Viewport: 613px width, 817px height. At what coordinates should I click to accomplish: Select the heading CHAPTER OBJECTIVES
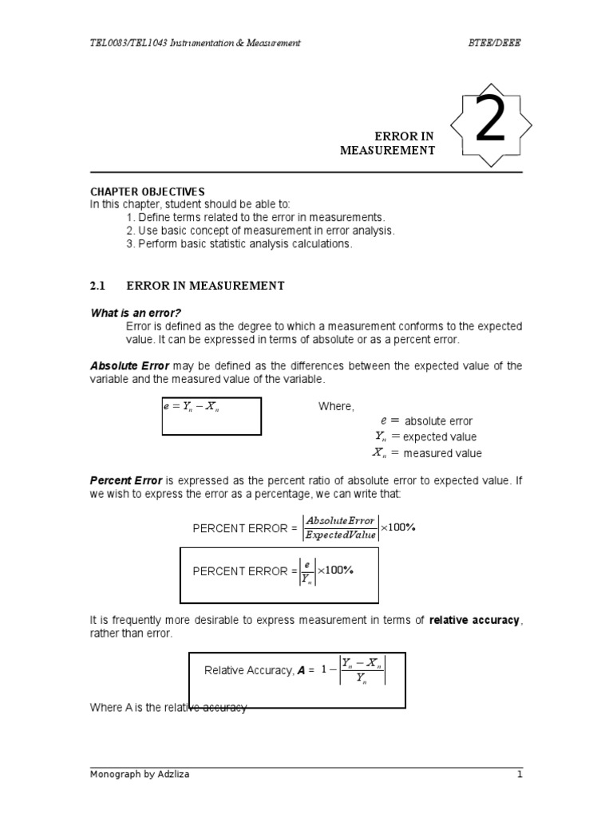147,191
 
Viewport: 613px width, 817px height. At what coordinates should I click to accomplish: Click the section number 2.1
100,285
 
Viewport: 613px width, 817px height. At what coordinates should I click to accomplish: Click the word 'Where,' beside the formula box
335,406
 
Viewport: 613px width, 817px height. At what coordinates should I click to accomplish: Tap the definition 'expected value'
439,437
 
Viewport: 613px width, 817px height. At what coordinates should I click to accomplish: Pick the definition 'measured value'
442,453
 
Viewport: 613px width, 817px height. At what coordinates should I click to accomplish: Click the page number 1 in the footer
518,774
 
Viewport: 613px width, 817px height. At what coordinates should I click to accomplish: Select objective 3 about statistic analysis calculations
239,243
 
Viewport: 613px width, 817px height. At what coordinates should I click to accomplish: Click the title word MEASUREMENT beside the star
387,150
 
